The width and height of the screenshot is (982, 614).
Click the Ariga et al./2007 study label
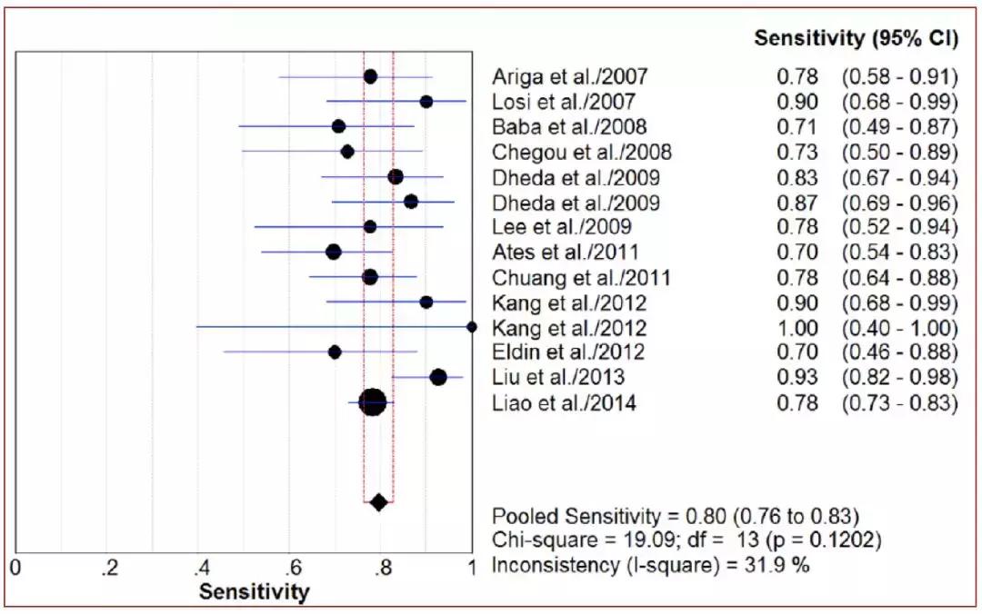[570, 76]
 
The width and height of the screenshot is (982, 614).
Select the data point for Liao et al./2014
[373, 401]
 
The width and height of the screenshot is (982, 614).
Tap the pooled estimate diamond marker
[379, 501]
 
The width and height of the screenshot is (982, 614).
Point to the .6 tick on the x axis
[294, 569]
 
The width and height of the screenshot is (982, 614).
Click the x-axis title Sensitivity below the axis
[254, 592]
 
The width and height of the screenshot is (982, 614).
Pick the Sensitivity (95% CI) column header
[857, 38]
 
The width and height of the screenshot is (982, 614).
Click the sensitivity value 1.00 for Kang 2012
[799, 327]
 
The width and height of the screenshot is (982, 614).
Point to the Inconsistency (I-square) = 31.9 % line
[651, 565]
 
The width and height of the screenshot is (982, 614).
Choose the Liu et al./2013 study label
[558, 377]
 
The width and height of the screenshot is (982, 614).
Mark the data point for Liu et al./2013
[438, 377]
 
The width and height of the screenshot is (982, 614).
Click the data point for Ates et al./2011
[334, 251]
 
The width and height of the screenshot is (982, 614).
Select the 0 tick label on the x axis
[15, 569]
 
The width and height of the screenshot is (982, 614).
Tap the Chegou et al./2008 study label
[582, 152]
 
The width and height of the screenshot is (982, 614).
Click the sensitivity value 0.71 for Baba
[799, 126]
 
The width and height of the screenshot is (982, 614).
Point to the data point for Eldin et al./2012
[335, 352]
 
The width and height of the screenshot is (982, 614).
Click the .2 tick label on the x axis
[110, 569]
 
